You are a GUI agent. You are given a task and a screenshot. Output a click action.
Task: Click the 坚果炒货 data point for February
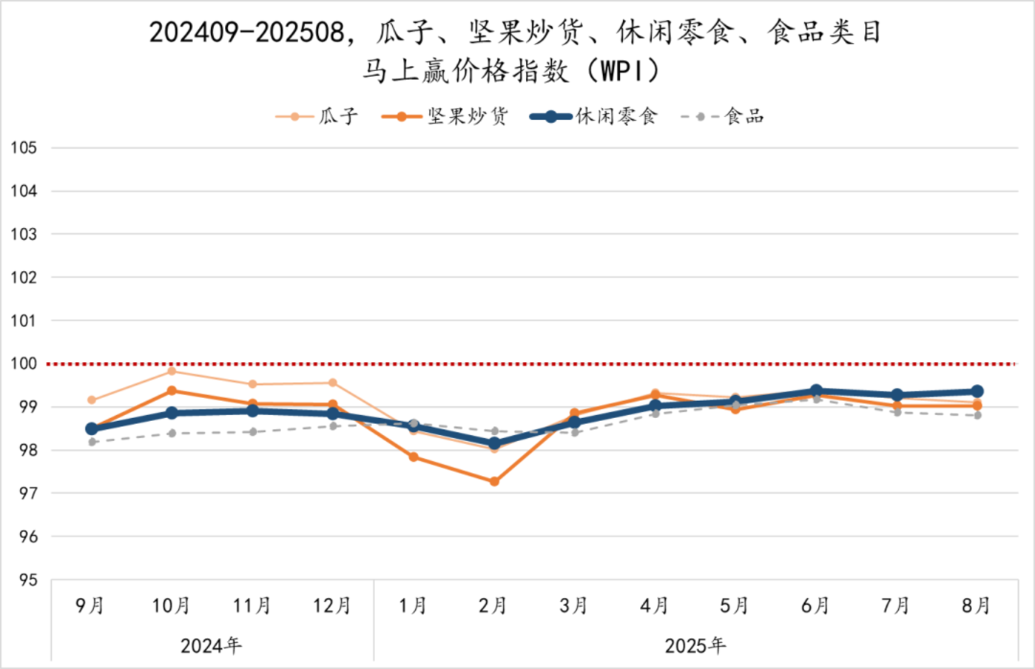(494, 482)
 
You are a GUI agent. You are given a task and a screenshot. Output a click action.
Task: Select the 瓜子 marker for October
(172, 371)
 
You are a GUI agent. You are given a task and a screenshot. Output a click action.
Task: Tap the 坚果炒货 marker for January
(414, 457)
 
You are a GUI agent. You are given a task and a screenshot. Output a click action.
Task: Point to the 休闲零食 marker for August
(977, 391)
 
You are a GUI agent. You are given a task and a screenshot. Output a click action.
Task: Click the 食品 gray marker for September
(92, 442)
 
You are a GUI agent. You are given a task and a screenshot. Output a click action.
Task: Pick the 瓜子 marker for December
(333, 383)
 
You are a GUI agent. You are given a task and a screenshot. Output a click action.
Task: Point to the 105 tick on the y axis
(24, 148)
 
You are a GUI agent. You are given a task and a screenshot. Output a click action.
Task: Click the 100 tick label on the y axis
(24, 364)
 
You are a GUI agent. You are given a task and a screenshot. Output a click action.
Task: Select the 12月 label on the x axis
(331, 606)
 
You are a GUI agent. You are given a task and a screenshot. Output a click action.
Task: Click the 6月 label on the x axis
(815, 606)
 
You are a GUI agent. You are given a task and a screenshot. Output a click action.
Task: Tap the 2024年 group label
(211, 646)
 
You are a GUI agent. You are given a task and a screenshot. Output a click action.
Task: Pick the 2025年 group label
(695, 646)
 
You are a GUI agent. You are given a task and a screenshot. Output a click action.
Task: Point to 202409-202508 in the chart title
(246, 33)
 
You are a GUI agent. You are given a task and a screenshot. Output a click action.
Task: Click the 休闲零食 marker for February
(494, 444)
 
